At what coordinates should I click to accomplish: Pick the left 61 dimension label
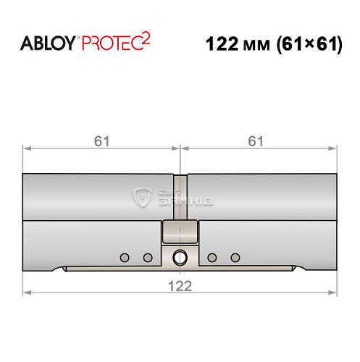pos(101,140)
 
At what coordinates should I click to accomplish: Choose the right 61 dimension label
pos(256,140)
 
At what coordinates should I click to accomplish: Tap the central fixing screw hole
pos(179,256)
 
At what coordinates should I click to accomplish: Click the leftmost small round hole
pos(125,257)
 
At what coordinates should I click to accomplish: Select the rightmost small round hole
pos(234,257)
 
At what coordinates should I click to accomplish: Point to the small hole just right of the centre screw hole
pos(212,257)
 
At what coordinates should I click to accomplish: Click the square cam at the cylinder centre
pos(179,232)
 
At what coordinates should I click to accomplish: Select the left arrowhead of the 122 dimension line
pos(26,293)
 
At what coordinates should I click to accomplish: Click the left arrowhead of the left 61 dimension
pos(26,149)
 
